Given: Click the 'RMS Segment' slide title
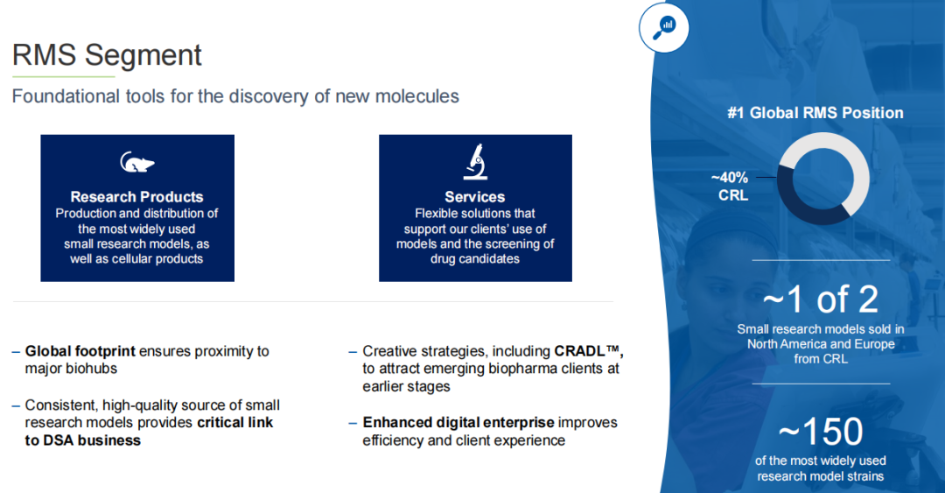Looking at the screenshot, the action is (x=107, y=55).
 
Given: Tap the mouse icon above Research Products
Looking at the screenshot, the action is (x=137, y=162).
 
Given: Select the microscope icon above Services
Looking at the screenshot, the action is (x=475, y=162).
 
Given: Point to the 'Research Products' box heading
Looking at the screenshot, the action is (x=136, y=197).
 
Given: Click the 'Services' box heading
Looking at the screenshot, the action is (x=475, y=197).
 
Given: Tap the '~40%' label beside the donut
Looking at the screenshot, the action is (x=729, y=178).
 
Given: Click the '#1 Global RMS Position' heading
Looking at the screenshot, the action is (x=815, y=113).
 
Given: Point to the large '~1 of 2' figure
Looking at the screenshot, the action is (x=820, y=299).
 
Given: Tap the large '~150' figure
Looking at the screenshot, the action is (x=820, y=432).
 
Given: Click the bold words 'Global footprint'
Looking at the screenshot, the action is (x=80, y=351).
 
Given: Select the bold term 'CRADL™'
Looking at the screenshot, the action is (x=588, y=351).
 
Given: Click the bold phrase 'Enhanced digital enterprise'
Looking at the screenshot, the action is (x=458, y=422).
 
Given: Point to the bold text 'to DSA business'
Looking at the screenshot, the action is (x=82, y=440).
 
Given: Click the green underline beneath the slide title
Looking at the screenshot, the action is (x=63, y=77).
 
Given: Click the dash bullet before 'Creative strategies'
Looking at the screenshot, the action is (x=353, y=352).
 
